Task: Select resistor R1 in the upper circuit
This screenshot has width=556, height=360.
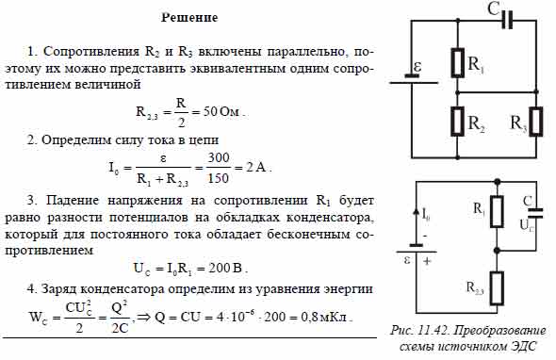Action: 457,64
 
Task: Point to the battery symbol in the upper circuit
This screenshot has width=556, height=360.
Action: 412,80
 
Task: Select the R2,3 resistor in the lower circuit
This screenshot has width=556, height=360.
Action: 497,285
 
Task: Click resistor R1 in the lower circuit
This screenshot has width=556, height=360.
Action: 497,210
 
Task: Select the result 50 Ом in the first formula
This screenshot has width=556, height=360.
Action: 222,111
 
